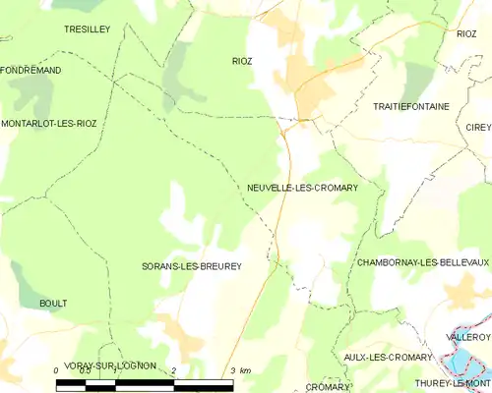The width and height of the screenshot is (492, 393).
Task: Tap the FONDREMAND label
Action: [x=31, y=71]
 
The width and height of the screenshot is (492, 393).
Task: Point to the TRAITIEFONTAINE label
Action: [x=410, y=105]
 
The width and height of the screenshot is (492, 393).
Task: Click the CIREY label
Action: [x=479, y=128]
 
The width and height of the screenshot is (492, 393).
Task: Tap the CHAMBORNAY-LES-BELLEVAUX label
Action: [x=423, y=263]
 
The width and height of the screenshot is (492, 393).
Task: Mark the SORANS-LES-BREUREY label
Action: [x=192, y=266]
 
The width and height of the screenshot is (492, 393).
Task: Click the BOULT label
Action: [x=53, y=304]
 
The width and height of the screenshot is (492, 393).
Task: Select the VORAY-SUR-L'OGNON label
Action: [x=110, y=365]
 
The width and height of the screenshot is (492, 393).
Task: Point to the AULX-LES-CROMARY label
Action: [x=388, y=357]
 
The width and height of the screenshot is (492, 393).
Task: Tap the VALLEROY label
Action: [x=468, y=337]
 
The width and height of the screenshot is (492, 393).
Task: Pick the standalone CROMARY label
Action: [x=328, y=387]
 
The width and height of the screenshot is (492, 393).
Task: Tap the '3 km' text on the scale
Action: [x=239, y=370]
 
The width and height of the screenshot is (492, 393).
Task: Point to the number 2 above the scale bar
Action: [x=174, y=370]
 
